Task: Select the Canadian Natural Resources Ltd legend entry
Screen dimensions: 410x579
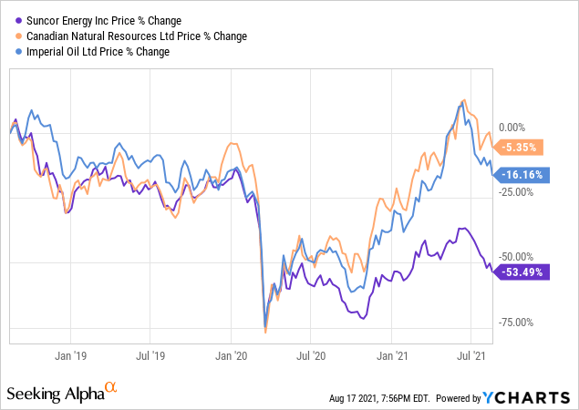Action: coord(129,36)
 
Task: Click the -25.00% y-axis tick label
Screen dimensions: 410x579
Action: coord(518,192)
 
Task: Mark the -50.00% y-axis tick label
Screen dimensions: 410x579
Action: coord(518,258)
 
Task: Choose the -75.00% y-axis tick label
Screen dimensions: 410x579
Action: coord(518,322)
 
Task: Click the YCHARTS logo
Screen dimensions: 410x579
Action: coord(539,397)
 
